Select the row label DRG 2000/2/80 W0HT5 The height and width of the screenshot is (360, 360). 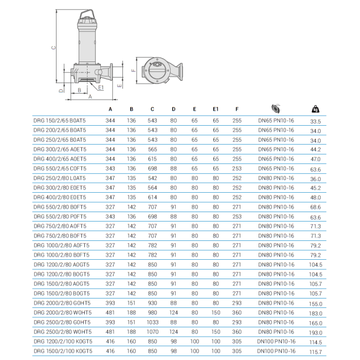[x=64, y=312]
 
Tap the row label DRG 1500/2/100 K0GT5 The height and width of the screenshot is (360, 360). [x=63, y=351]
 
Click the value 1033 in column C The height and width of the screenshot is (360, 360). [x=152, y=322]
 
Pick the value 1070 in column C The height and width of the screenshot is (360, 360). [x=152, y=332]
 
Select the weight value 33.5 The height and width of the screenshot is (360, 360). [x=316, y=121]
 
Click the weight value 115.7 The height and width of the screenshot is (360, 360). [x=316, y=351]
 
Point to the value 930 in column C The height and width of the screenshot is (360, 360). [x=152, y=303]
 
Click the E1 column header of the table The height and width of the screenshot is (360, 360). [x=216, y=110]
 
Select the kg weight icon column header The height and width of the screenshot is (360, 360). [x=315, y=109]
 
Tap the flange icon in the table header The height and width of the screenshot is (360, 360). [x=275, y=108]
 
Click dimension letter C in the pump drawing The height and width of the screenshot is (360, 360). [x=54, y=48]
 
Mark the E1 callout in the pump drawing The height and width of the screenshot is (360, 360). [x=101, y=88]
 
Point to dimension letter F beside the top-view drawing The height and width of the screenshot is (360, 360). [x=133, y=71]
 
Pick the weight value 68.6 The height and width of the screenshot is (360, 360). [x=316, y=207]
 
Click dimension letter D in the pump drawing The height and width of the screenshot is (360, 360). [x=61, y=90]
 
